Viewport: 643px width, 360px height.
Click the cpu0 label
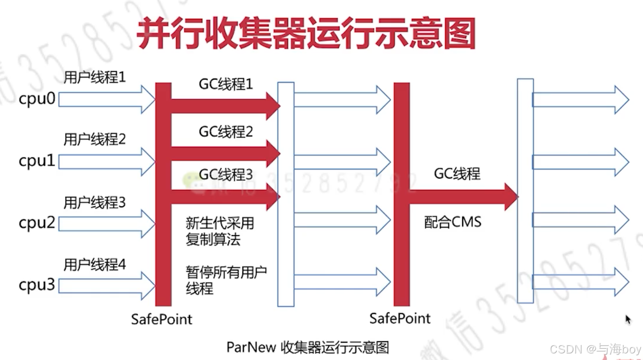pos(37,99)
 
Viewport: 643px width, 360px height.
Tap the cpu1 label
pos(37,161)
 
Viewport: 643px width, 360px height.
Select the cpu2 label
pos(37,223)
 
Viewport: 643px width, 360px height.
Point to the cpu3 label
pos(37,285)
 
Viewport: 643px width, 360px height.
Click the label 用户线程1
pos(95,77)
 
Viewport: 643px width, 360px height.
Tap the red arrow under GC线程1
pos(225,106)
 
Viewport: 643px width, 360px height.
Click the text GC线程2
pos(226,132)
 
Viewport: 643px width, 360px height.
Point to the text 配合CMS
pos(453,222)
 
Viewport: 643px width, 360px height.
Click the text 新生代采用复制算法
pos(219,231)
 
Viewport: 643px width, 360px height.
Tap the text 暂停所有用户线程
pos(226,279)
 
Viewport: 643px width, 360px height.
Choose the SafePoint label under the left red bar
pos(162,319)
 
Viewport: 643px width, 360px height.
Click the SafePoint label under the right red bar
pos(400,318)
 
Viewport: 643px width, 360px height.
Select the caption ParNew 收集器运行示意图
pos(308,347)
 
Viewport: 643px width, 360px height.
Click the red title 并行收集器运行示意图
pos(306,33)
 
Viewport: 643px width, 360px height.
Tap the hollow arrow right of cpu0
pos(107,99)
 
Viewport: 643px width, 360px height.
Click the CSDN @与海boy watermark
pos(595,349)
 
